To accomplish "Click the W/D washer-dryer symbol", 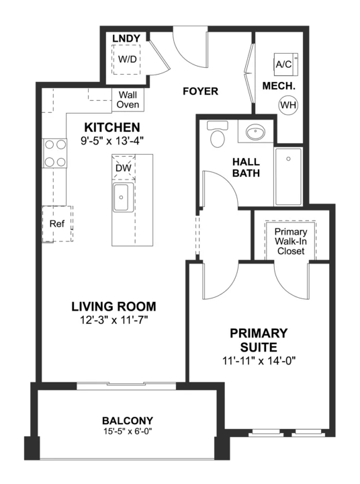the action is click(126, 59).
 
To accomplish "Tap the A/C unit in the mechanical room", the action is click(286, 65).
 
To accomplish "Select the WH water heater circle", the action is click(288, 105).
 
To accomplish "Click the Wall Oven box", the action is click(128, 99).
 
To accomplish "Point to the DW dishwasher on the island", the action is click(124, 168).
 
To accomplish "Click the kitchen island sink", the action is click(124, 197).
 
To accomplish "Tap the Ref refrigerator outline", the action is click(57, 224).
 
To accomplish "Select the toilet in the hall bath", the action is click(218, 134).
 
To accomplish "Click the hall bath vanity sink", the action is click(255, 132).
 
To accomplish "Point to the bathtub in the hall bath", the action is click(288, 176).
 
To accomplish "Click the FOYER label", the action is click(201, 91).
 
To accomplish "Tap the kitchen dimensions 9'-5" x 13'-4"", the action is click(112, 140).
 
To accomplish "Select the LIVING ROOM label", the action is click(114, 307).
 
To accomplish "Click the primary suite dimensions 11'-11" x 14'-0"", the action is click(259, 360).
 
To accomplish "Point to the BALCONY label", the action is click(128, 421).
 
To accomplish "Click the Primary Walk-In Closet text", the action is click(291, 241).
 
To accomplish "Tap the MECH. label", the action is click(279, 86).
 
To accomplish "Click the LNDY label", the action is click(126, 38).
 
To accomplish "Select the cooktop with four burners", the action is click(55, 153).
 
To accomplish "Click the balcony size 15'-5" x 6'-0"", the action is click(128, 431).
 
